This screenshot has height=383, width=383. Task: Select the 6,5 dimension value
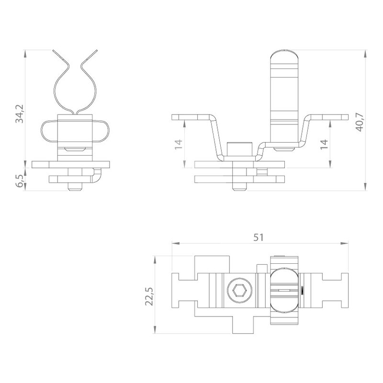(x=20, y=181)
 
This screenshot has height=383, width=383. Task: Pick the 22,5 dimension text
(x=149, y=295)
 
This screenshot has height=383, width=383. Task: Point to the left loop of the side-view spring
(x=49, y=130)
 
